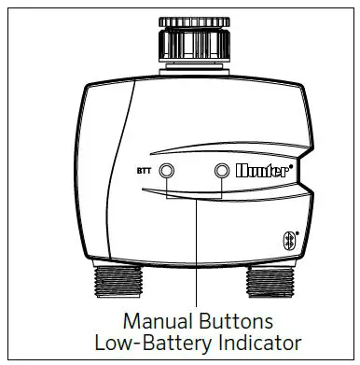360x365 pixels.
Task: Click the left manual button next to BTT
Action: tap(167, 172)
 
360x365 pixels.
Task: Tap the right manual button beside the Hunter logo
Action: tap(222, 172)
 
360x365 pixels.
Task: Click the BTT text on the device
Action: tap(143, 173)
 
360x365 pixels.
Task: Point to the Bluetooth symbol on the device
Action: tap(289, 240)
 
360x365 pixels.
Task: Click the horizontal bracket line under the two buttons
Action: tap(195, 198)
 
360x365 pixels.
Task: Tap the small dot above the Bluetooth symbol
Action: tap(298, 231)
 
